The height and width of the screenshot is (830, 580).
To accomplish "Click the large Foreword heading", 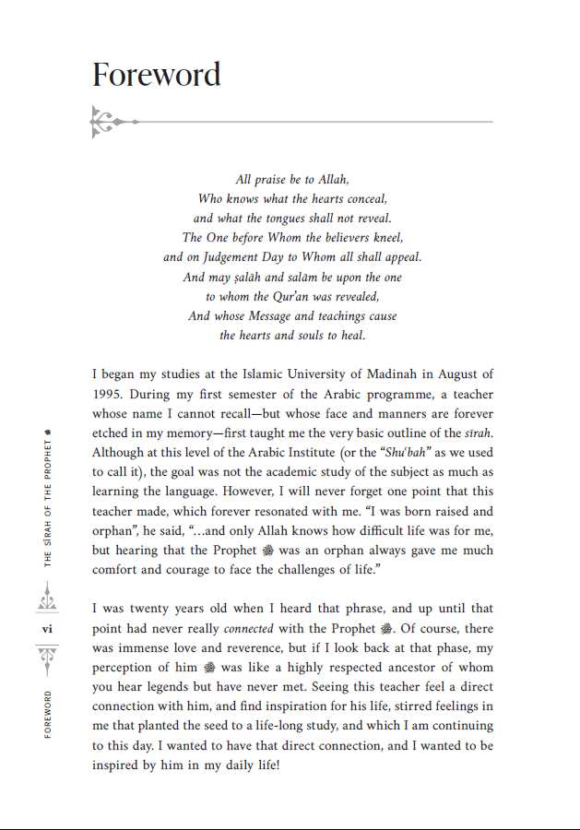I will click(157, 74).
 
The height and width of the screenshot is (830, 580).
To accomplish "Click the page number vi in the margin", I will click(48, 629).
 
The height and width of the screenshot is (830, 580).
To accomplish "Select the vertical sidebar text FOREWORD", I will click(48, 714).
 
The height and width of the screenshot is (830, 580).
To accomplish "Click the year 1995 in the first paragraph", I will click(109, 394).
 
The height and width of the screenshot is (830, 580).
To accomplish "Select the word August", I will click(449, 374).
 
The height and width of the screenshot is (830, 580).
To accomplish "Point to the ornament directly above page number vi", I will click(48, 600).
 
